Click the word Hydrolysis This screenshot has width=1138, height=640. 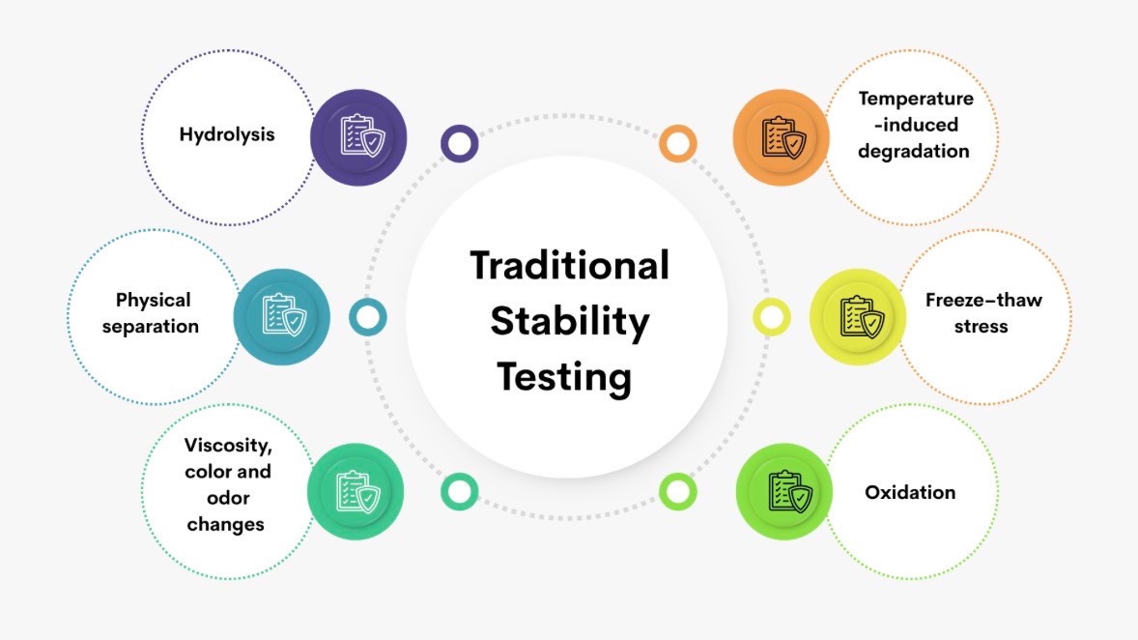click(x=226, y=135)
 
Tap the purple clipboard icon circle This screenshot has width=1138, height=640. click(x=358, y=137)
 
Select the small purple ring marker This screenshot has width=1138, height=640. click(x=460, y=143)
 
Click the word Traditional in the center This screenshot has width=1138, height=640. click(x=570, y=265)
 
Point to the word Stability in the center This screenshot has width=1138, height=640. click(x=570, y=322)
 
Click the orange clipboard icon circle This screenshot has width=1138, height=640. click(x=781, y=137)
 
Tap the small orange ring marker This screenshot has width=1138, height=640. click(x=678, y=143)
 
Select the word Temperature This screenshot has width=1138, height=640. click(x=916, y=99)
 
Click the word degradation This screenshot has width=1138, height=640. click(x=914, y=151)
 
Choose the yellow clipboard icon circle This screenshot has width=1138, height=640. click(x=858, y=317)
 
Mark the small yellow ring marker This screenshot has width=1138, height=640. click(x=772, y=317)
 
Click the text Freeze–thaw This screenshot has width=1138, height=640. click(x=983, y=300)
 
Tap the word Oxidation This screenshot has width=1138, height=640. click(x=910, y=492)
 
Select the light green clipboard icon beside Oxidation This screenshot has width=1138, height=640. click(x=784, y=492)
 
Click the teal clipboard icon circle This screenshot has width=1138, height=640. click(x=281, y=317)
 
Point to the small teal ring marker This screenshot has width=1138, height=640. click(x=368, y=317)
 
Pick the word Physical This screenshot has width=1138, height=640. click(x=154, y=301)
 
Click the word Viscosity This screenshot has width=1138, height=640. click(x=228, y=446)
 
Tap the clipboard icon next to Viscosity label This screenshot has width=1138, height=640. click(x=356, y=492)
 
